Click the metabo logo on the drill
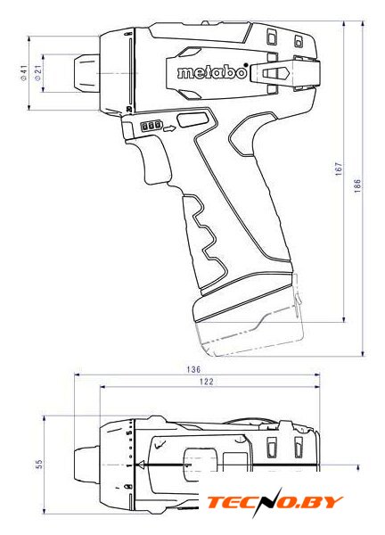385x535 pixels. [212, 71]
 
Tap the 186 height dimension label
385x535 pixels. [357, 186]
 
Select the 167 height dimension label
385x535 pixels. [339, 169]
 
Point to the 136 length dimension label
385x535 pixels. [193, 369]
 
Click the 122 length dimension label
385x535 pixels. [206, 382]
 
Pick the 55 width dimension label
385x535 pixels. [40, 464]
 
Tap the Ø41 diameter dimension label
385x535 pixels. [23, 73]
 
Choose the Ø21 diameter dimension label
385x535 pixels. [37, 73]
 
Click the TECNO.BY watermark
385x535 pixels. [274, 503]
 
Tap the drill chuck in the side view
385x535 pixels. [86, 73]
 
